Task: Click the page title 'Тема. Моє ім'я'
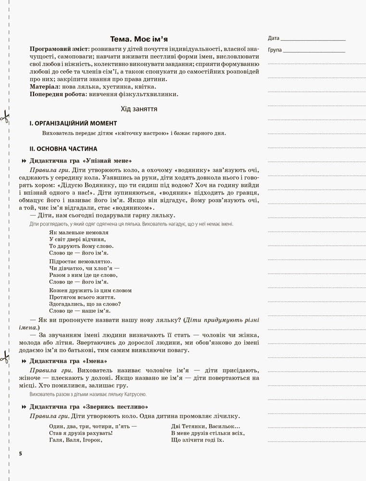point(139,39)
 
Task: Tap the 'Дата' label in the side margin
point(273,38)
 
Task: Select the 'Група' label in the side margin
point(275,50)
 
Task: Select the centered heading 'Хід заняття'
point(139,109)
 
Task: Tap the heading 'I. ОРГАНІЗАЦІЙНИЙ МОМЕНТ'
point(73,124)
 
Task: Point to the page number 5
point(20,454)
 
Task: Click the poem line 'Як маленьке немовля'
point(76,232)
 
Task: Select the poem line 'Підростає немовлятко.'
point(77,262)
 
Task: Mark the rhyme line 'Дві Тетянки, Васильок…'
point(205,426)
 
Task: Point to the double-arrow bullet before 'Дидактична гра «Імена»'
point(24,361)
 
